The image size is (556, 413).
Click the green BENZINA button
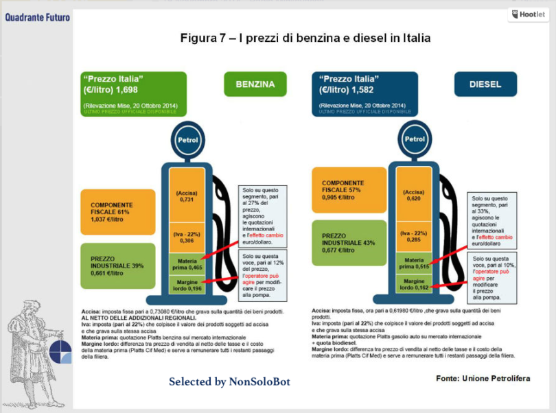point(255,85)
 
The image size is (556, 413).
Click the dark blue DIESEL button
point(485,85)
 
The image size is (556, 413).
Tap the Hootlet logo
point(528,14)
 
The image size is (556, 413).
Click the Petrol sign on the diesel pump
point(414,139)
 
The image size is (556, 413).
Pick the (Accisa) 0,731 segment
point(187,196)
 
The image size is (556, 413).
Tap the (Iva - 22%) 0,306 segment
point(187,237)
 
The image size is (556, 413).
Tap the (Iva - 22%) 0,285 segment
point(414,237)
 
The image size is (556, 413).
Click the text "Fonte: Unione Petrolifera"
point(483,379)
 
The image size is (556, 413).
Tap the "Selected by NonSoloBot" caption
point(229,381)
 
